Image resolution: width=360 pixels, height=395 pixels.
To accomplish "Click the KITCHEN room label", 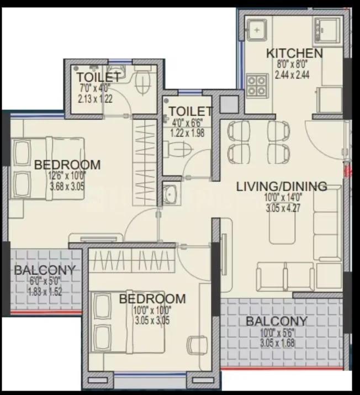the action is (294, 54).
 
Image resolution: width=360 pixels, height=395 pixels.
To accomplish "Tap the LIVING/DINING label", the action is (282, 186).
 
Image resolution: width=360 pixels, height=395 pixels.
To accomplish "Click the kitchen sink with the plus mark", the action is (257, 30).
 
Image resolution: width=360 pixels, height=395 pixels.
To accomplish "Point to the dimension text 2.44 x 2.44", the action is (292, 75).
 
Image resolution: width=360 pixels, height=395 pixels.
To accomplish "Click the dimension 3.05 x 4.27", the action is (283, 208).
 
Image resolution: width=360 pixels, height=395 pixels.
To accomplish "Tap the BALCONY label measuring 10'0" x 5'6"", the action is (277, 321).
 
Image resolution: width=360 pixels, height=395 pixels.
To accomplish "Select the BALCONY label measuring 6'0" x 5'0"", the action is (45, 270).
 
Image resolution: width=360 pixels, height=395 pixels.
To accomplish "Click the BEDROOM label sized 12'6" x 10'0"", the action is (67, 165).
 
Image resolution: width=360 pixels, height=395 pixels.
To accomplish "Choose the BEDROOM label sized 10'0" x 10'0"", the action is (152, 299).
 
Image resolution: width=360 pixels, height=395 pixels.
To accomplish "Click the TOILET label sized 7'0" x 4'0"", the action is (98, 77).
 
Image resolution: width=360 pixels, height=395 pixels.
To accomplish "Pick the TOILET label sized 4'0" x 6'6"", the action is (190, 111).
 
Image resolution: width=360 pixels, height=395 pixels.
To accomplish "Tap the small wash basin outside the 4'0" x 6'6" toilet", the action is (170, 194).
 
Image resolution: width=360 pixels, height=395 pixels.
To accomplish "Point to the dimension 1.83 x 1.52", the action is (45, 292).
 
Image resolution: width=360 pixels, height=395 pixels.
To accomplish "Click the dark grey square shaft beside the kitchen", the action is (229, 104).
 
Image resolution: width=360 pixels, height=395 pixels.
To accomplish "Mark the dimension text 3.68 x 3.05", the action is (67, 187).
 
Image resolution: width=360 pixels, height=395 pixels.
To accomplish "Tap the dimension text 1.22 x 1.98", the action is (187, 133).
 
